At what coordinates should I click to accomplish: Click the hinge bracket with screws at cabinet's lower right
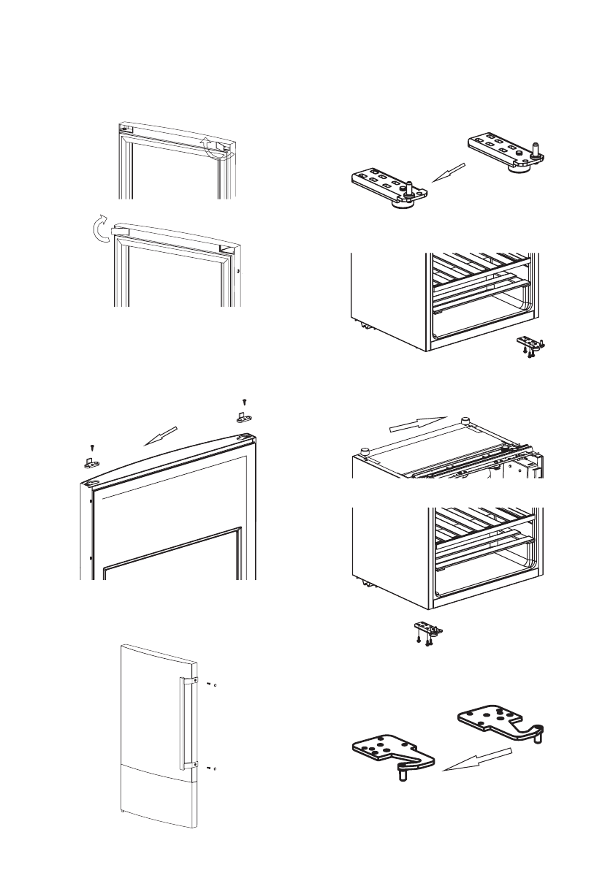pyautogui.click(x=532, y=345)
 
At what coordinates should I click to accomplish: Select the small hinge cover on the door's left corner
pyautogui.click(x=89, y=463)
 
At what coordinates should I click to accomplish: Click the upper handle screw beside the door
pyautogui.click(x=210, y=684)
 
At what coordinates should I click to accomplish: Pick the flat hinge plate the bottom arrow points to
pyautogui.click(x=390, y=752)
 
